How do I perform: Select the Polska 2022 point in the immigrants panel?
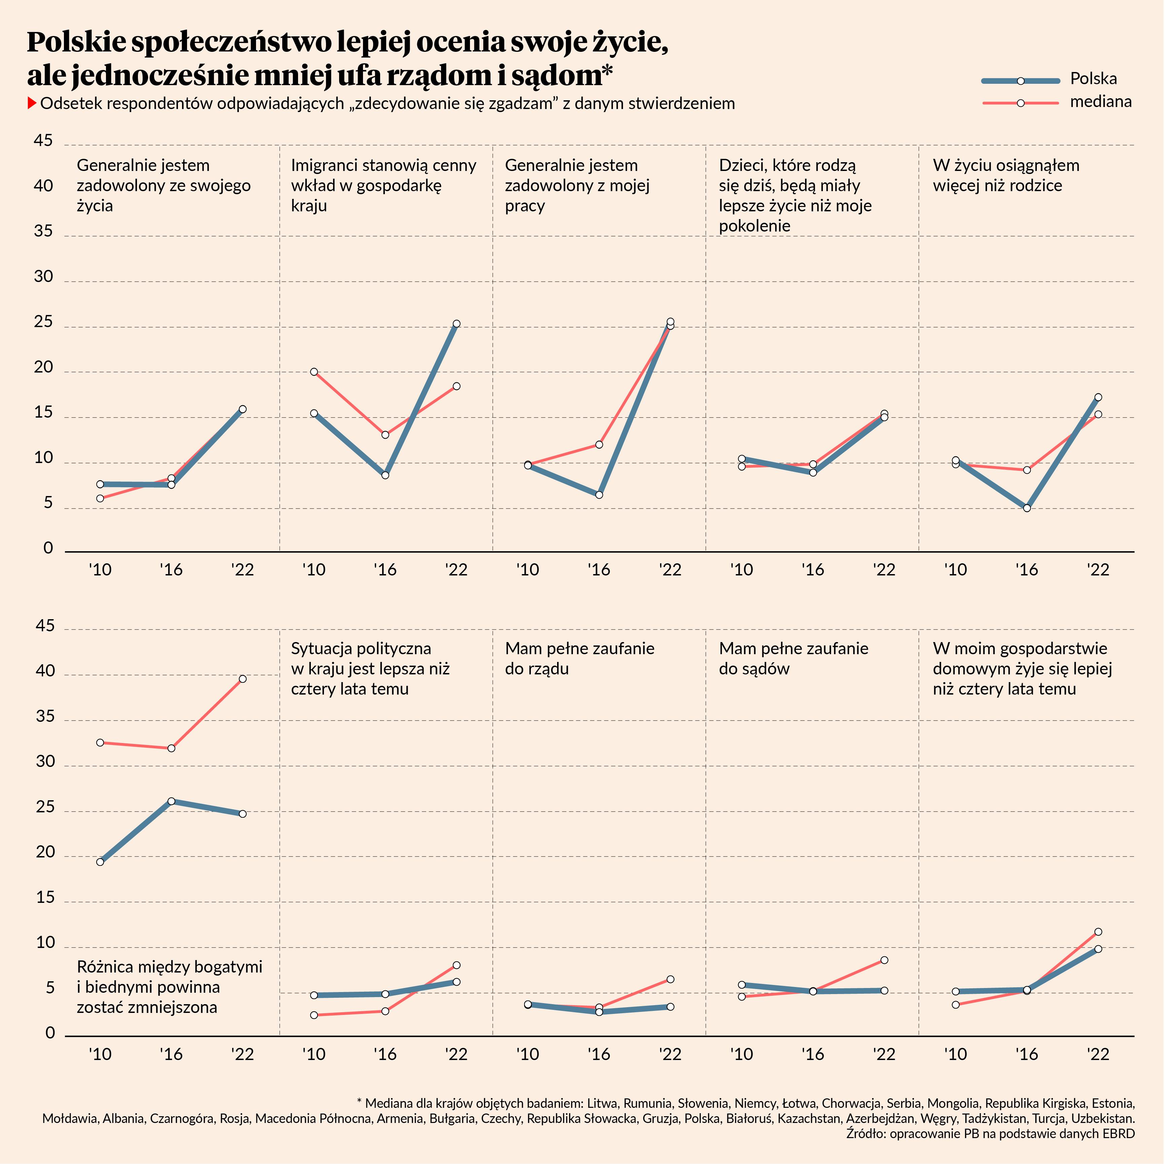click(x=457, y=324)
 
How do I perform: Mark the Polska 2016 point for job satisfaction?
click(x=599, y=495)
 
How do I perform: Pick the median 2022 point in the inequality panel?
click(x=243, y=678)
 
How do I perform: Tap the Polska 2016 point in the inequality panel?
click(x=171, y=801)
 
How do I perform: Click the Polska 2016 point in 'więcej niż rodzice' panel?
click(x=1027, y=508)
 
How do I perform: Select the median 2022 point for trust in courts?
click(x=884, y=959)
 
